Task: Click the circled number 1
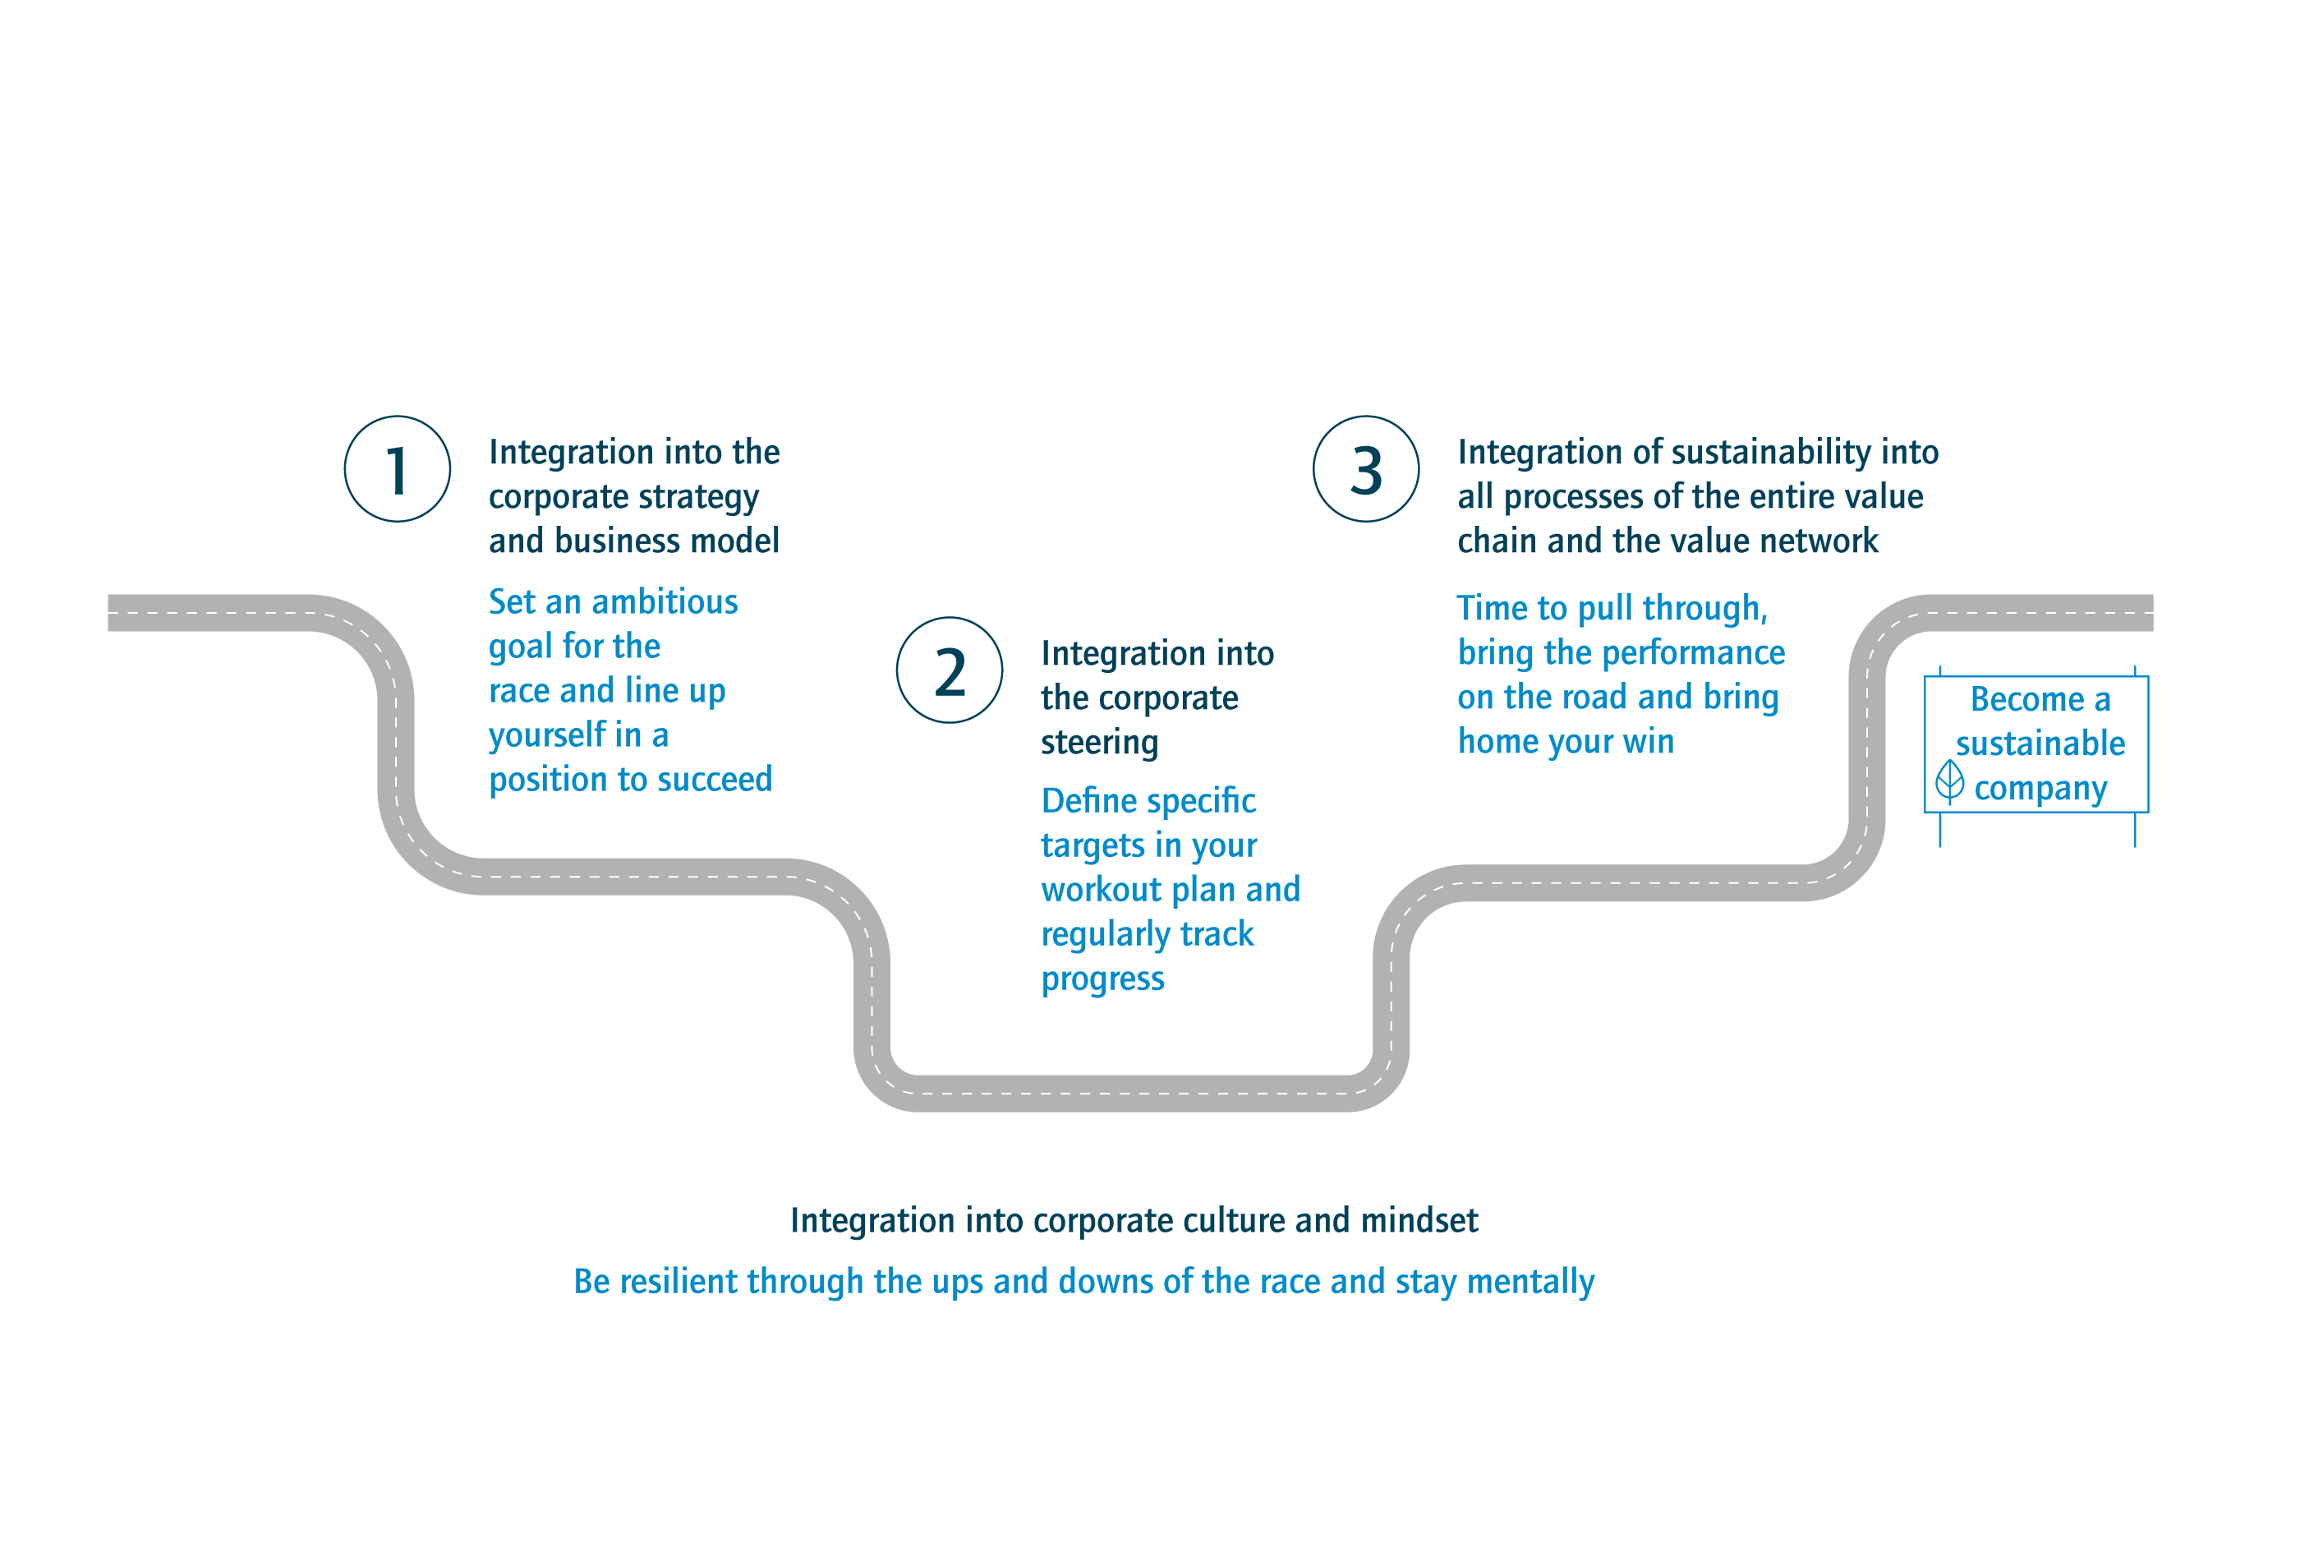(397, 469)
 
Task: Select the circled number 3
(1366, 469)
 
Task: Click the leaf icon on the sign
(1949, 781)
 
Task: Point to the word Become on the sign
(2026, 699)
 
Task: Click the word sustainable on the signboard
(2040, 744)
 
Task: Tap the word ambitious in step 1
(665, 601)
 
